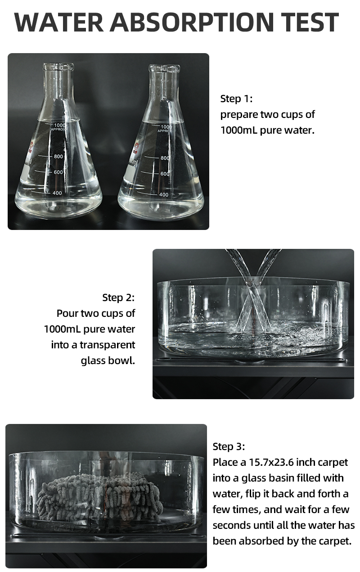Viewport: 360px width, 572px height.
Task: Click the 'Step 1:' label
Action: tap(236, 99)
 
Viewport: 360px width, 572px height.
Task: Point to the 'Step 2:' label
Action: tap(118, 297)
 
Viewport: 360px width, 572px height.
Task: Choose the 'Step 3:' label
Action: tap(229, 446)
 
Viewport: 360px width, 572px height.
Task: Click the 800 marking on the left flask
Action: tap(58, 156)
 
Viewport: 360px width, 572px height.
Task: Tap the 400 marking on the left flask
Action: tap(57, 193)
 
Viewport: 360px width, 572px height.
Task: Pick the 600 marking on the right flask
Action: tap(165, 174)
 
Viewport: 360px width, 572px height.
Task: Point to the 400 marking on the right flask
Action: tap(164, 194)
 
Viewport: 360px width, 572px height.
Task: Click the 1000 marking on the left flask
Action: tap(60, 125)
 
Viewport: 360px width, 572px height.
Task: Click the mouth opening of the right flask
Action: tap(164, 68)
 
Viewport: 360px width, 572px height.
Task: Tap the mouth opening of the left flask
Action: tap(58, 67)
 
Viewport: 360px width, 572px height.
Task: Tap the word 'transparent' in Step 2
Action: tap(107, 345)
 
